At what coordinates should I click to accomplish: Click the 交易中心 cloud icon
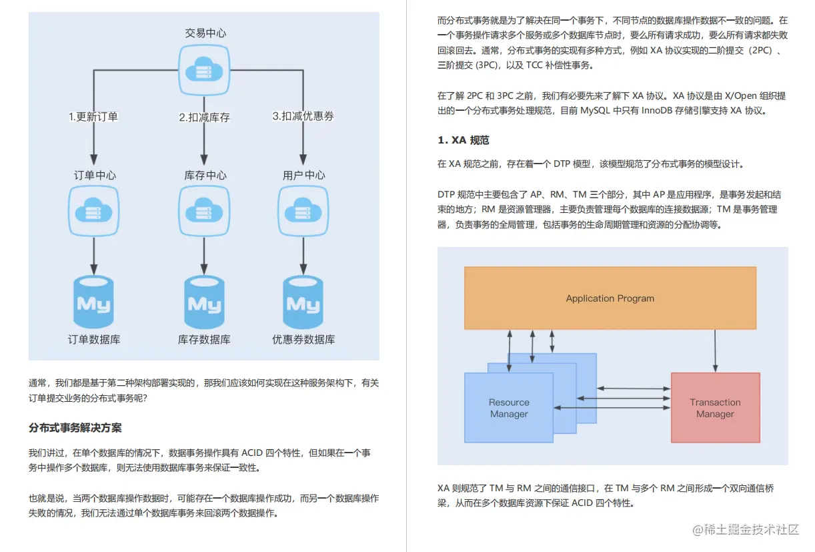pos(204,70)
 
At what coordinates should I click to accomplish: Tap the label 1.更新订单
pos(93,117)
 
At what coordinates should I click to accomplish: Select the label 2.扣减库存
pos(204,117)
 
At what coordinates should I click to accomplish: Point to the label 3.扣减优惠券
pos(303,116)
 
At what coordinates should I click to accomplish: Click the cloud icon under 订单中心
pos(94,211)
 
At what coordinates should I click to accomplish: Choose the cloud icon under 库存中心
pos(204,211)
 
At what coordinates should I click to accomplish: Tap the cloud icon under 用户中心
pos(303,211)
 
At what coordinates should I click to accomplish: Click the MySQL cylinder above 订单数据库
pos(94,302)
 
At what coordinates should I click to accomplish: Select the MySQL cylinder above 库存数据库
pos(204,302)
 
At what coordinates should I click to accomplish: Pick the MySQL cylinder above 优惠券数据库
pos(303,302)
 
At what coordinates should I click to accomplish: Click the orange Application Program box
pos(610,298)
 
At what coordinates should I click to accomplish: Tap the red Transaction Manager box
pos(716,408)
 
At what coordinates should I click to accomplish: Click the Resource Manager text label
pos(509,408)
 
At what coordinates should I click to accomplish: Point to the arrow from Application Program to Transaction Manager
pos(716,351)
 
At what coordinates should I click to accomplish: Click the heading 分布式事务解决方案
pos(75,428)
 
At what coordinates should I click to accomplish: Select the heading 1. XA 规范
pos(464,140)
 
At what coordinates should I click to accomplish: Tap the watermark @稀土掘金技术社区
pos(746,529)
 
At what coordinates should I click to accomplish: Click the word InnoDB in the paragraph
pos(657,110)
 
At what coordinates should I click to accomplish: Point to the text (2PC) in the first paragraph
pos(760,50)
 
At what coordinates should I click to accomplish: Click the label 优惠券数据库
pos(303,339)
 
